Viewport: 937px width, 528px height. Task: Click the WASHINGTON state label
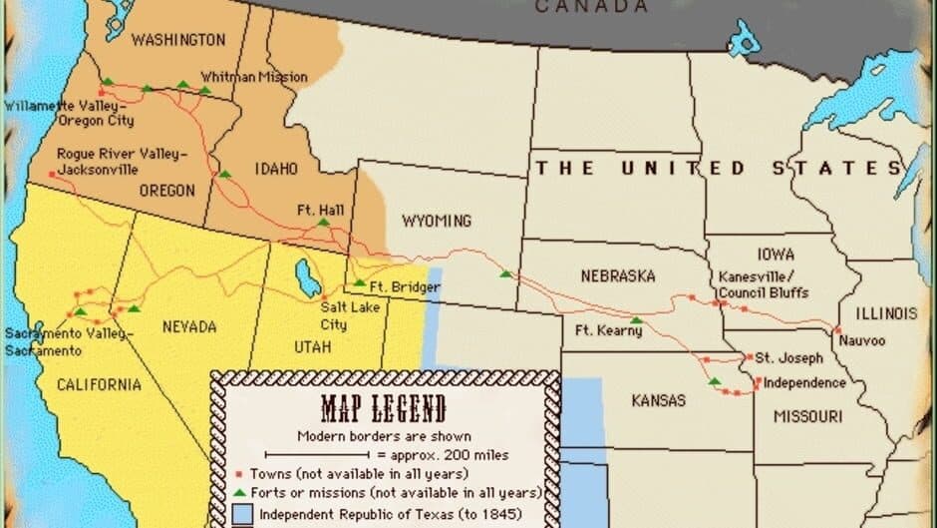coord(179,40)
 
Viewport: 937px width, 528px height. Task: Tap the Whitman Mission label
coord(253,77)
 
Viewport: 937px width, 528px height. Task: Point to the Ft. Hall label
coord(320,210)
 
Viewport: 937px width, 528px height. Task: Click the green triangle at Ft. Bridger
coord(359,282)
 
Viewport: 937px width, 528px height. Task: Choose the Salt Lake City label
coord(333,316)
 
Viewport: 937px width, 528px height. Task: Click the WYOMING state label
coord(436,221)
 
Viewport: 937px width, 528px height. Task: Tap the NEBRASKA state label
coord(618,275)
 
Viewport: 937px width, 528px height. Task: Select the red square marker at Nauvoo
coord(837,330)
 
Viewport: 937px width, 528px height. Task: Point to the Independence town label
coord(804,383)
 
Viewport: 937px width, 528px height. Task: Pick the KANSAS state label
coord(658,400)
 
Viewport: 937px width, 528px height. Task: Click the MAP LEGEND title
coord(383,409)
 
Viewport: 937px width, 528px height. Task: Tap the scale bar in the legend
coord(326,455)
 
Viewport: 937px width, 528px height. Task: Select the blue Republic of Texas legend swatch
coord(243,516)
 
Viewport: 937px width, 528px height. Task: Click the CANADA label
coord(592,7)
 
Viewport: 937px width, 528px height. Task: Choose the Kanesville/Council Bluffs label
coord(763,284)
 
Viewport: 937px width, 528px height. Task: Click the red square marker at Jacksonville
coord(52,176)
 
